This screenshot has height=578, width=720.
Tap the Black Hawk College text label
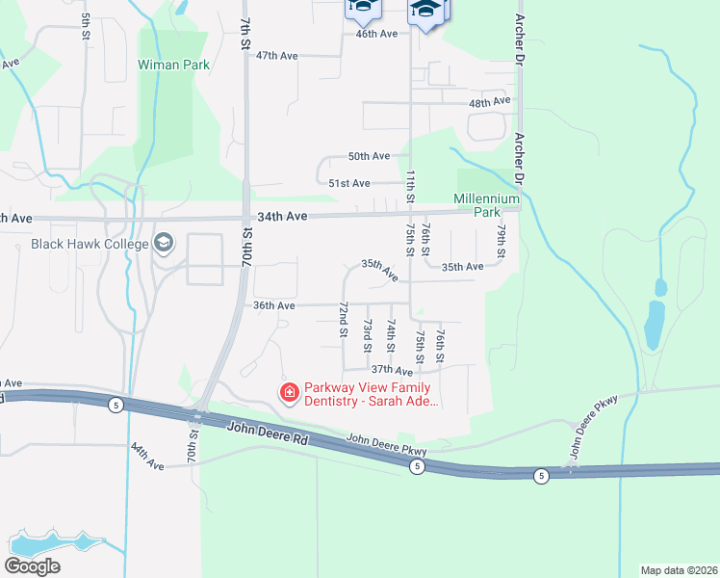[x=89, y=244]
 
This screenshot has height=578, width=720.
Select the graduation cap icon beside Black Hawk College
[x=164, y=243]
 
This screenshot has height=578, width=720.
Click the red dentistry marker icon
[x=288, y=391]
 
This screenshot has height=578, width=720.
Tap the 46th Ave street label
[x=376, y=34]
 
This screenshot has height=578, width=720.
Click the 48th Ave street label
[x=489, y=102]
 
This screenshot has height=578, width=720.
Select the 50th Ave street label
[x=369, y=156]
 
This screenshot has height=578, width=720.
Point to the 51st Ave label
[x=348, y=183]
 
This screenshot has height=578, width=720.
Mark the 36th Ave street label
[x=272, y=305]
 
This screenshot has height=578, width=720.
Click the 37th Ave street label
[x=392, y=370]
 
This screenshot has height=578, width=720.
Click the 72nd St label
[x=343, y=319]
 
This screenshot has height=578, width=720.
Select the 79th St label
[x=501, y=242]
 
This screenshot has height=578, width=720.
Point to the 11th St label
[x=411, y=187]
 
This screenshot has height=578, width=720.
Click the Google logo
[x=32, y=566]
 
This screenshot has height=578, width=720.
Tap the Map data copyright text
[x=678, y=570]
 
